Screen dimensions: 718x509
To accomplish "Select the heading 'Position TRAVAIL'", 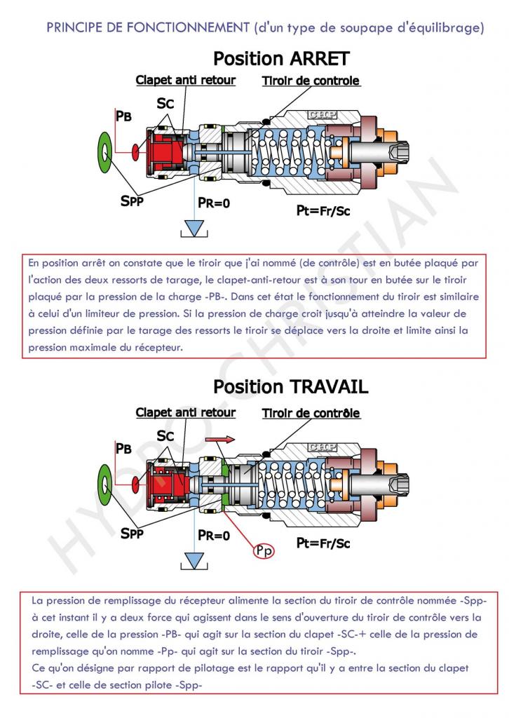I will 290,386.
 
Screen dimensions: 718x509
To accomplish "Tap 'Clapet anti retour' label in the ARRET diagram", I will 185,80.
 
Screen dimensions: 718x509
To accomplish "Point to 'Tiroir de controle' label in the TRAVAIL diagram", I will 311,413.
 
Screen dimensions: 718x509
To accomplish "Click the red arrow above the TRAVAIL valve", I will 219,439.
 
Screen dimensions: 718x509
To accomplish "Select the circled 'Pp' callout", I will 264,551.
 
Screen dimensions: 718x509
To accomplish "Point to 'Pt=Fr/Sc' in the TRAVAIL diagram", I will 323,542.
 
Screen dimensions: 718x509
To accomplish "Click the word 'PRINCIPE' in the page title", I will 71,27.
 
